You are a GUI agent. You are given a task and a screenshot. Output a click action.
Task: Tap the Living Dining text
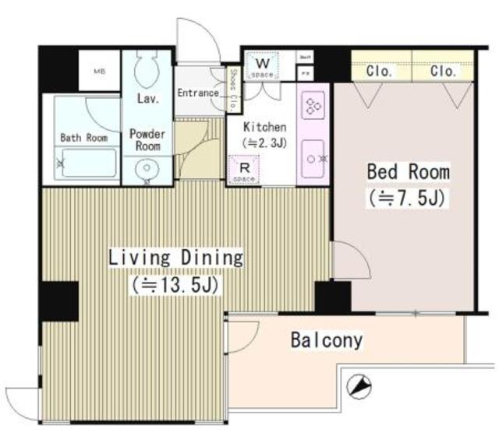pos(175,258)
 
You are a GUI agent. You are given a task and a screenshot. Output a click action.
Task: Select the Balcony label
pos(327,340)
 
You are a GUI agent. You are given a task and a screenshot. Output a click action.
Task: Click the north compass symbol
pos(359,385)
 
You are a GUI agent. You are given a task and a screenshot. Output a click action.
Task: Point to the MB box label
pos(100,71)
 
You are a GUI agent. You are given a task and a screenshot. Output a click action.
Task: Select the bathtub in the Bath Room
pos(87,164)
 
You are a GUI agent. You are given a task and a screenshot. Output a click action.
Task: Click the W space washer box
pos(264,66)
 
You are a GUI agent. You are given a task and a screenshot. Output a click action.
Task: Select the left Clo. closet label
pos(380,71)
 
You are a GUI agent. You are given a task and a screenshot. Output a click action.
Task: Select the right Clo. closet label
pos(444,71)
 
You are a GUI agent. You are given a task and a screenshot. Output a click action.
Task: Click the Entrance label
pos(198,93)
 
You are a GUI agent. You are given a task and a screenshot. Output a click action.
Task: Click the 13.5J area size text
pos(176,284)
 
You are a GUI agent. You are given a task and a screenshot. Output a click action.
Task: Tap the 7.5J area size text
pos(406,198)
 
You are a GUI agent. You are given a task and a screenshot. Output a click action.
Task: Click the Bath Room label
pos(83,138)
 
